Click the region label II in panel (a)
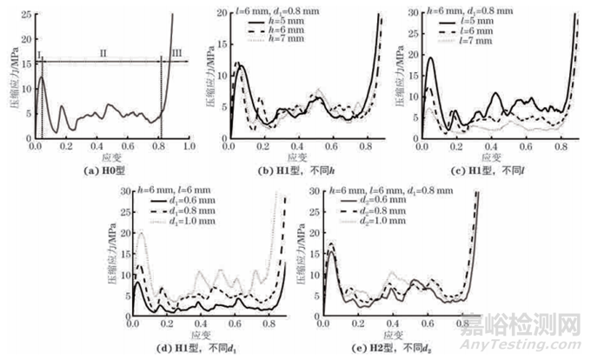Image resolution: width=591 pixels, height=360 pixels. pos(102,54)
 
